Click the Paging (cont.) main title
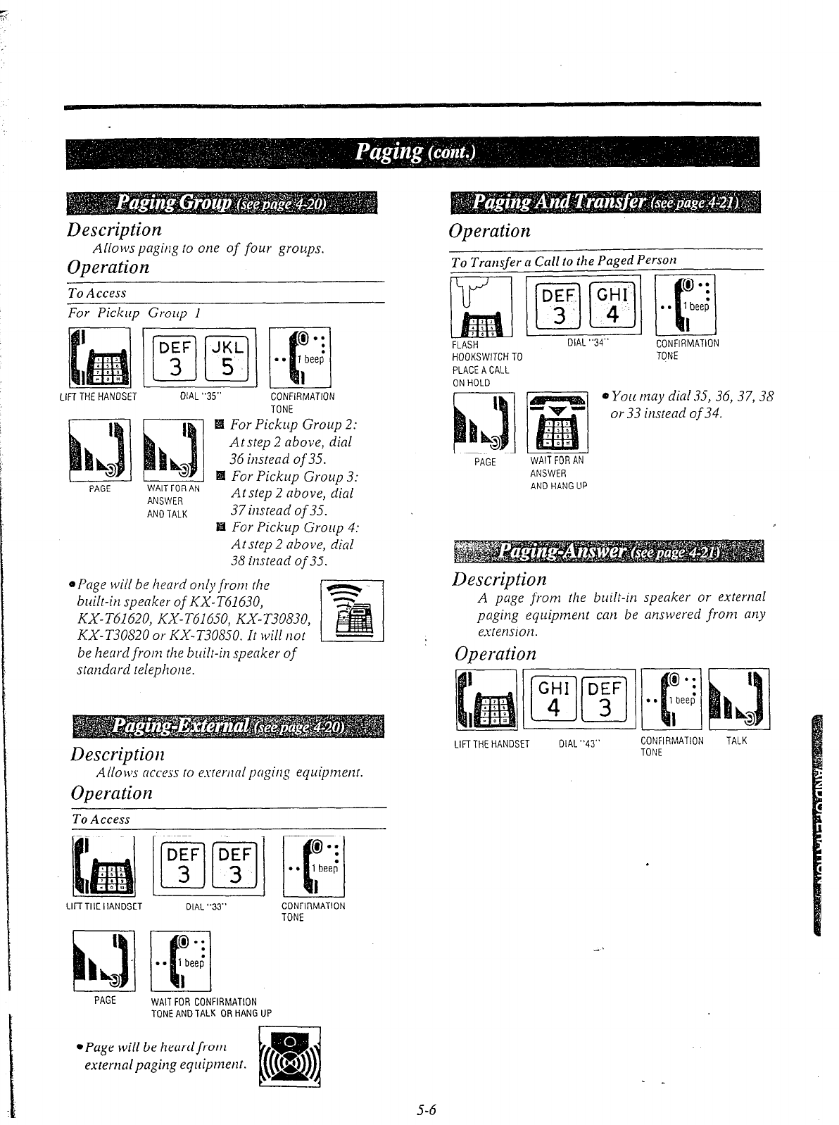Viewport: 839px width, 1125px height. tap(415, 152)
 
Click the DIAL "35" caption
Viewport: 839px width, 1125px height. tap(202, 396)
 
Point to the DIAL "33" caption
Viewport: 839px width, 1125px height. tap(204, 907)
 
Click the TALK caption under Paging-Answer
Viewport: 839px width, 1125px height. tap(736, 741)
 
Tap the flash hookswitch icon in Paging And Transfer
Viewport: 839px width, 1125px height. tap(481, 307)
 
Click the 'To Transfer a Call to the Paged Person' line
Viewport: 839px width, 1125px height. tap(564, 260)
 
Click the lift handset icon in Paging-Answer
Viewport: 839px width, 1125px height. tap(486, 700)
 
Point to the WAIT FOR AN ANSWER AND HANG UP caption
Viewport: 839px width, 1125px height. tap(557, 472)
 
